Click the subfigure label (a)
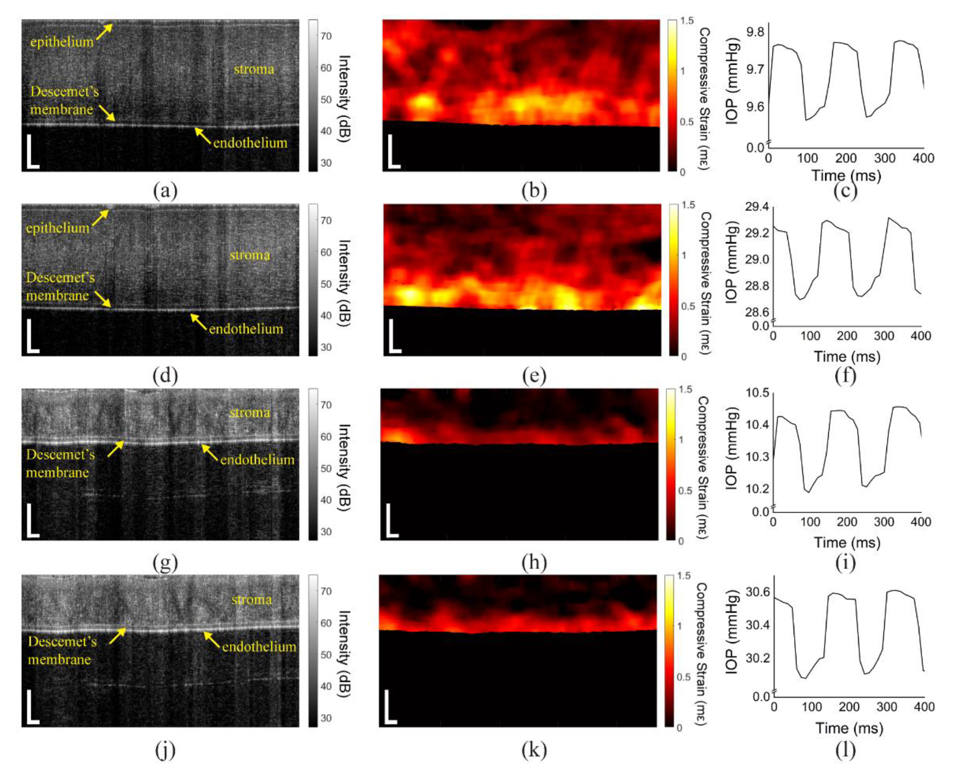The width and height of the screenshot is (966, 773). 165,190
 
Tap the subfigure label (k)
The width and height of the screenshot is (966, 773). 534,750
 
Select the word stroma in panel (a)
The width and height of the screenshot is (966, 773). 254,69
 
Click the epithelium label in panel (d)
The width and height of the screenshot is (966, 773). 58,228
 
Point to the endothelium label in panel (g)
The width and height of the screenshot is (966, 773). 257,459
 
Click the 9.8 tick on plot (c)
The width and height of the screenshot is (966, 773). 755,32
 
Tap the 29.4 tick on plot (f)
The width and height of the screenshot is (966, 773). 757,206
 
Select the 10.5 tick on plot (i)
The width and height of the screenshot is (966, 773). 757,393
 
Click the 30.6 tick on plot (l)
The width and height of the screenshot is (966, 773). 757,592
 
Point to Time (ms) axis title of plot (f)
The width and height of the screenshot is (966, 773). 847,357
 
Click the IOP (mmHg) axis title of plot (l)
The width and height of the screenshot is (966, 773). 732,631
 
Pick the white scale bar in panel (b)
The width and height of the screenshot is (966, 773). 393,153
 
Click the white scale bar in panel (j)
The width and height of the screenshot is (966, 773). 32,708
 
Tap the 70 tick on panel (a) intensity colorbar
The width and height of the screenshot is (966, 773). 326,36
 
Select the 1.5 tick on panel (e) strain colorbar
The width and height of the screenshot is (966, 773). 688,205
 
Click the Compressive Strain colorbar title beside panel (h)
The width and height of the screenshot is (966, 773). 703,467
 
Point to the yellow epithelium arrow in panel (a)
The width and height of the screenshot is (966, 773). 104,32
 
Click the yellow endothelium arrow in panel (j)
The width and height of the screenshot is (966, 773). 212,640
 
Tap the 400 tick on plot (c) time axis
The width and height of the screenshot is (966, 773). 923,158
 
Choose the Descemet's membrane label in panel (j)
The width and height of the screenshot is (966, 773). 61,650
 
